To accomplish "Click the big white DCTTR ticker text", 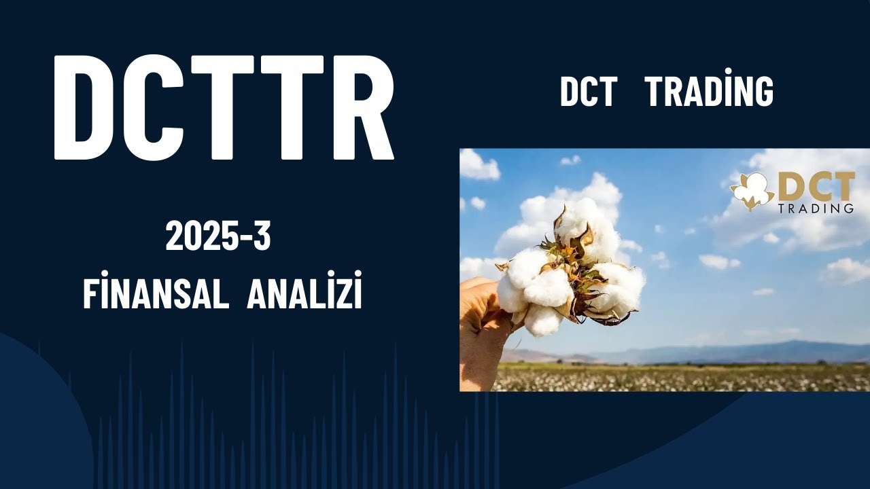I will (224, 107).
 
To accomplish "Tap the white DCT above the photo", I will (588, 92).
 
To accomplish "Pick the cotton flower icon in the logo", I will (752, 190).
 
